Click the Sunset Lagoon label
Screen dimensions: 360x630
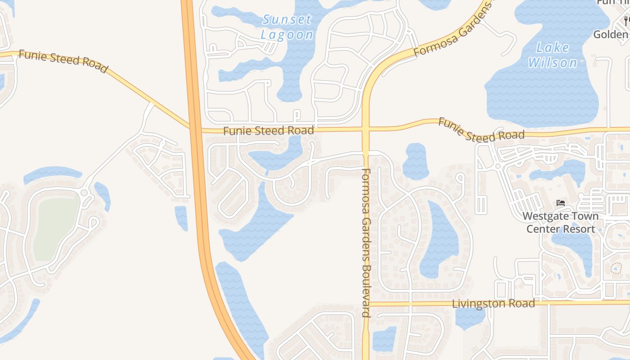point(287,27)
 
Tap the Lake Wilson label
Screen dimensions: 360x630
point(553,55)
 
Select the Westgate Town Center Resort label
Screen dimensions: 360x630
point(560,222)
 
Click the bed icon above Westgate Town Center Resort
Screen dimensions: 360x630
point(560,203)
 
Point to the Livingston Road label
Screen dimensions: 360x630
point(493,303)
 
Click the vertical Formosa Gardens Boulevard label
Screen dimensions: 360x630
point(366,243)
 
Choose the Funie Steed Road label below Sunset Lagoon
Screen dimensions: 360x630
point(268,131)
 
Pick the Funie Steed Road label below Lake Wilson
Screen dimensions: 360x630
point(481,130)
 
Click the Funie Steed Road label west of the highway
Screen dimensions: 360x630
point(63,62)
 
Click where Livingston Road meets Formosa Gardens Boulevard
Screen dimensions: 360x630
point(366,304)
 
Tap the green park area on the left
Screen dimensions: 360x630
point(56,228)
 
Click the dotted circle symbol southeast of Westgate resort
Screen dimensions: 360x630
point(616,269)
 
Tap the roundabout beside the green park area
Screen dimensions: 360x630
point(84,193)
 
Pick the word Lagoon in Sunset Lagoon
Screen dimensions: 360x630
point(287,35)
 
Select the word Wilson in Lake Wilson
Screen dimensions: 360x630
point(553,63)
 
